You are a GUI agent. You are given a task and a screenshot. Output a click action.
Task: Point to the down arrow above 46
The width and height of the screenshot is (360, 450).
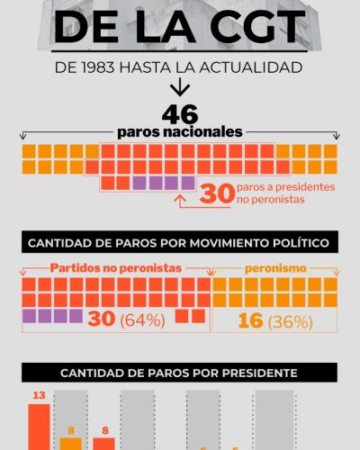click(180, 87)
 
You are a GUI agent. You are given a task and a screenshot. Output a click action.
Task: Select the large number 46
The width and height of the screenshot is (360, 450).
click(180, 114)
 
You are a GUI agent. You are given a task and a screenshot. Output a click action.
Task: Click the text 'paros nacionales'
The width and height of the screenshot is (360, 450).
click(180, 131)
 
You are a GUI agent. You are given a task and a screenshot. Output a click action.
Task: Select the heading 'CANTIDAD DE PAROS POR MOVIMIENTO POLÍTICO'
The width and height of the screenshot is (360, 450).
click(180, 242)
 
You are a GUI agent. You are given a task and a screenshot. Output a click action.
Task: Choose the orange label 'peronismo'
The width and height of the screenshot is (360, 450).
click(276, 268)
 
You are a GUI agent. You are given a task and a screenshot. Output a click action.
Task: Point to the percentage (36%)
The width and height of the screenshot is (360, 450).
click(294, 321)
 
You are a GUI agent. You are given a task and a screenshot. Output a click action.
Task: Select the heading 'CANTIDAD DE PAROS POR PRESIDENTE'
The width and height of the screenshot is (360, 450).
click(180, 373)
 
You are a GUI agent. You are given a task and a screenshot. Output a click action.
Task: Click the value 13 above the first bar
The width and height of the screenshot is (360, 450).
click(39, 395)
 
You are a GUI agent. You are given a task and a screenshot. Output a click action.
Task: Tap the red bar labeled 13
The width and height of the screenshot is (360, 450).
click(39, 427)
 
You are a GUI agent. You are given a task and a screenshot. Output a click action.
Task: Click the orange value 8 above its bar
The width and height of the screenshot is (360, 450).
click(72, 430)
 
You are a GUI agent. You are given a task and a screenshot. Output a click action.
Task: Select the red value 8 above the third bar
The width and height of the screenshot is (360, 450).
click(104, 430)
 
